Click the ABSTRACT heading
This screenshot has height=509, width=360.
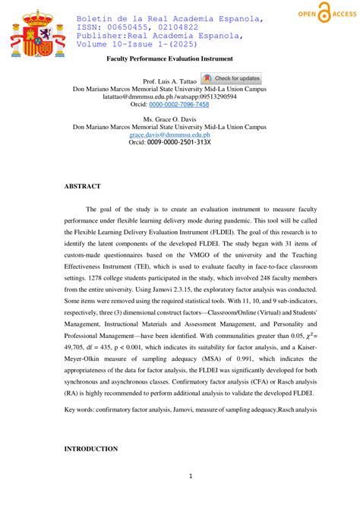(x=82, y=185)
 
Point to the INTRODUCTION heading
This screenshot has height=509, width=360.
(x=91, y=448)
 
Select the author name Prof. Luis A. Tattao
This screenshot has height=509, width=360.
(x=169, y=80)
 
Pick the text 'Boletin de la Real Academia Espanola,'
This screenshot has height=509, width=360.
(x=170, y=17)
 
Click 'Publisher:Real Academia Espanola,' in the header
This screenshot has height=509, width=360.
(x=160, y=36)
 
